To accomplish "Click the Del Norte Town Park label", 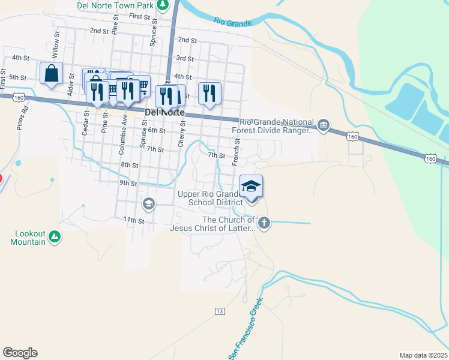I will [x=116, y=5].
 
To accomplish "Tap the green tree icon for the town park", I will [x=163, y=4].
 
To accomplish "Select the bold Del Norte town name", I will [x=164, y=113].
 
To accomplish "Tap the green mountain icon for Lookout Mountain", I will [x=55, y=237].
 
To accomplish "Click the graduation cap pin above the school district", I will [x=252, y=185].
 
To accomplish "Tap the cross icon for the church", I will [x=264, y=223].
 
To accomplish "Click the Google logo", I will [x=20, y=353].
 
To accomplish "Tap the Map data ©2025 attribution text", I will [x=423, y=355].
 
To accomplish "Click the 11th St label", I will [x=134, y=221].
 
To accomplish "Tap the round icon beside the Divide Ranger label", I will [x=324, y=125].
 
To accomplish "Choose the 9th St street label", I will [x=128, y=183].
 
